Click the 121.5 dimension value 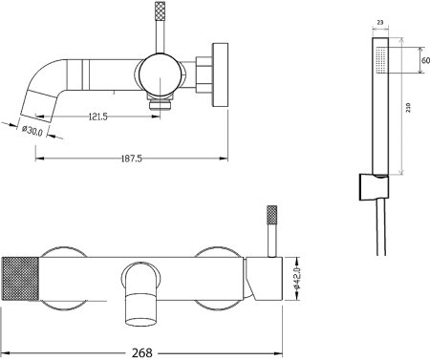97,117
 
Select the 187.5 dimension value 132,159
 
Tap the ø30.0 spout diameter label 32,131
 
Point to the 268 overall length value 142,352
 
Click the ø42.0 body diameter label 297,279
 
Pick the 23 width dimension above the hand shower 380,22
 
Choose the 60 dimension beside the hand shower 425,60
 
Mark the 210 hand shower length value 408,107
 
